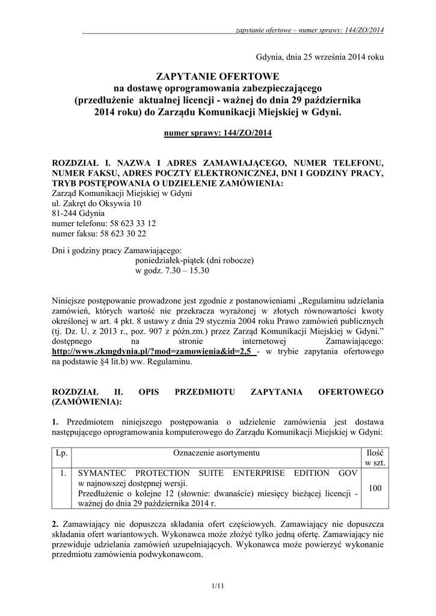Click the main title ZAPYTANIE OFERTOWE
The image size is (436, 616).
tap(218, 76)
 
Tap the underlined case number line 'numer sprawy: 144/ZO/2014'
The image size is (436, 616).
tap(218, 133)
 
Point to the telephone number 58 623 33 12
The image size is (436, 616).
tap(129, 223)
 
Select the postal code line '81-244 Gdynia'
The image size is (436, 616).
tap(78, 213)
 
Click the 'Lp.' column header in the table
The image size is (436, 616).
tap(62, 452)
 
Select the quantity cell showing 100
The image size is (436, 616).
tap(375, 488)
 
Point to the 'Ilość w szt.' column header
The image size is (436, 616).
tap(375, 457)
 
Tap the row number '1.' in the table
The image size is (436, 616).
tap(62, 473)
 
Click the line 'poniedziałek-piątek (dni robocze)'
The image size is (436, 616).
tap(196, 260)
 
